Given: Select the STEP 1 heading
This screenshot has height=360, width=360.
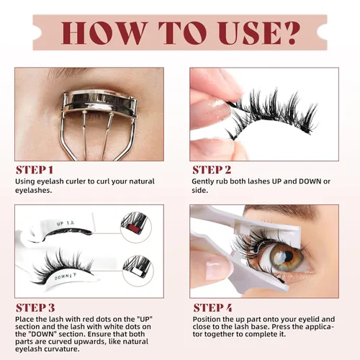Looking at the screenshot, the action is point(35,170).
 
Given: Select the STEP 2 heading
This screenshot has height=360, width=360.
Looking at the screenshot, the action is point(212,170).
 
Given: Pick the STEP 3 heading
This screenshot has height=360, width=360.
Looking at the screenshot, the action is point(35,307).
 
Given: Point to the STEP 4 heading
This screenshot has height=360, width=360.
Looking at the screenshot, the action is point(212,307).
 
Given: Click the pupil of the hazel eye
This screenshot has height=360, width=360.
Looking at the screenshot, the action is point(282,257).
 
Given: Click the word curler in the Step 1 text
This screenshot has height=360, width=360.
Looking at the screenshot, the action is point(83,181).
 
